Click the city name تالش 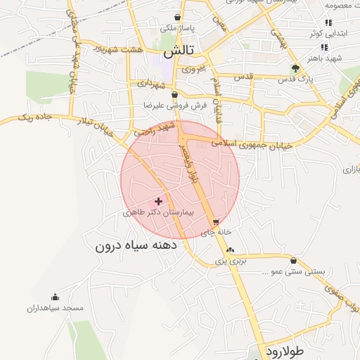point(179,52)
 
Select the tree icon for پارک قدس point(295,68)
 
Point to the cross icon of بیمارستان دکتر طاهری point(158,201)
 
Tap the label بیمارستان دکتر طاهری point(153,212)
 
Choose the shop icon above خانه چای point(215,222)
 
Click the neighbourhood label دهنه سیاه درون point(136,247)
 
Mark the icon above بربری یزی point(230,250)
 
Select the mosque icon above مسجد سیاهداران point(55,297)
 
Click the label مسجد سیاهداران point(56,308)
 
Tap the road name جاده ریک point(34,115)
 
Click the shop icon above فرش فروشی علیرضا point(174,94)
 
